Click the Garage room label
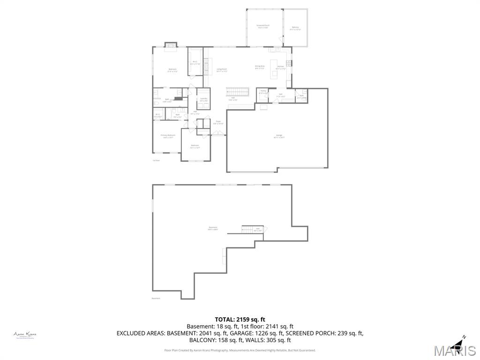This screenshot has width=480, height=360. coord(279,137)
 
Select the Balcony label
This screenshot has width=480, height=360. coord(295,28)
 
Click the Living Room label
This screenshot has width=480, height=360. coord(222,70)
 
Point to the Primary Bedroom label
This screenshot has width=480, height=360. coord(167,136)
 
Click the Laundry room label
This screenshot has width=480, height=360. coord(203,99)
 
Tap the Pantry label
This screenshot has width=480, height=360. coord(263,92)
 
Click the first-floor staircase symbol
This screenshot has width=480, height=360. coord(237,91)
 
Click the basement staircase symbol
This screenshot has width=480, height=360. coord(247,229)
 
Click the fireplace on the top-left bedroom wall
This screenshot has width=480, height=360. coord(171,45)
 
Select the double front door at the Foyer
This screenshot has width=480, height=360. coord(218,135)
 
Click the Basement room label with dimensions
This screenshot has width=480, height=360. coord(213,229)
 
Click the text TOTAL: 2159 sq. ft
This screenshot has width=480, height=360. coord(240,319)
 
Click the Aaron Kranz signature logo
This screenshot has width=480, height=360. coord(25,335)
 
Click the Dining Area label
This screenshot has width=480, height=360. coord(260,67)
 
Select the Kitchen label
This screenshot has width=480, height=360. coord(281,67)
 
